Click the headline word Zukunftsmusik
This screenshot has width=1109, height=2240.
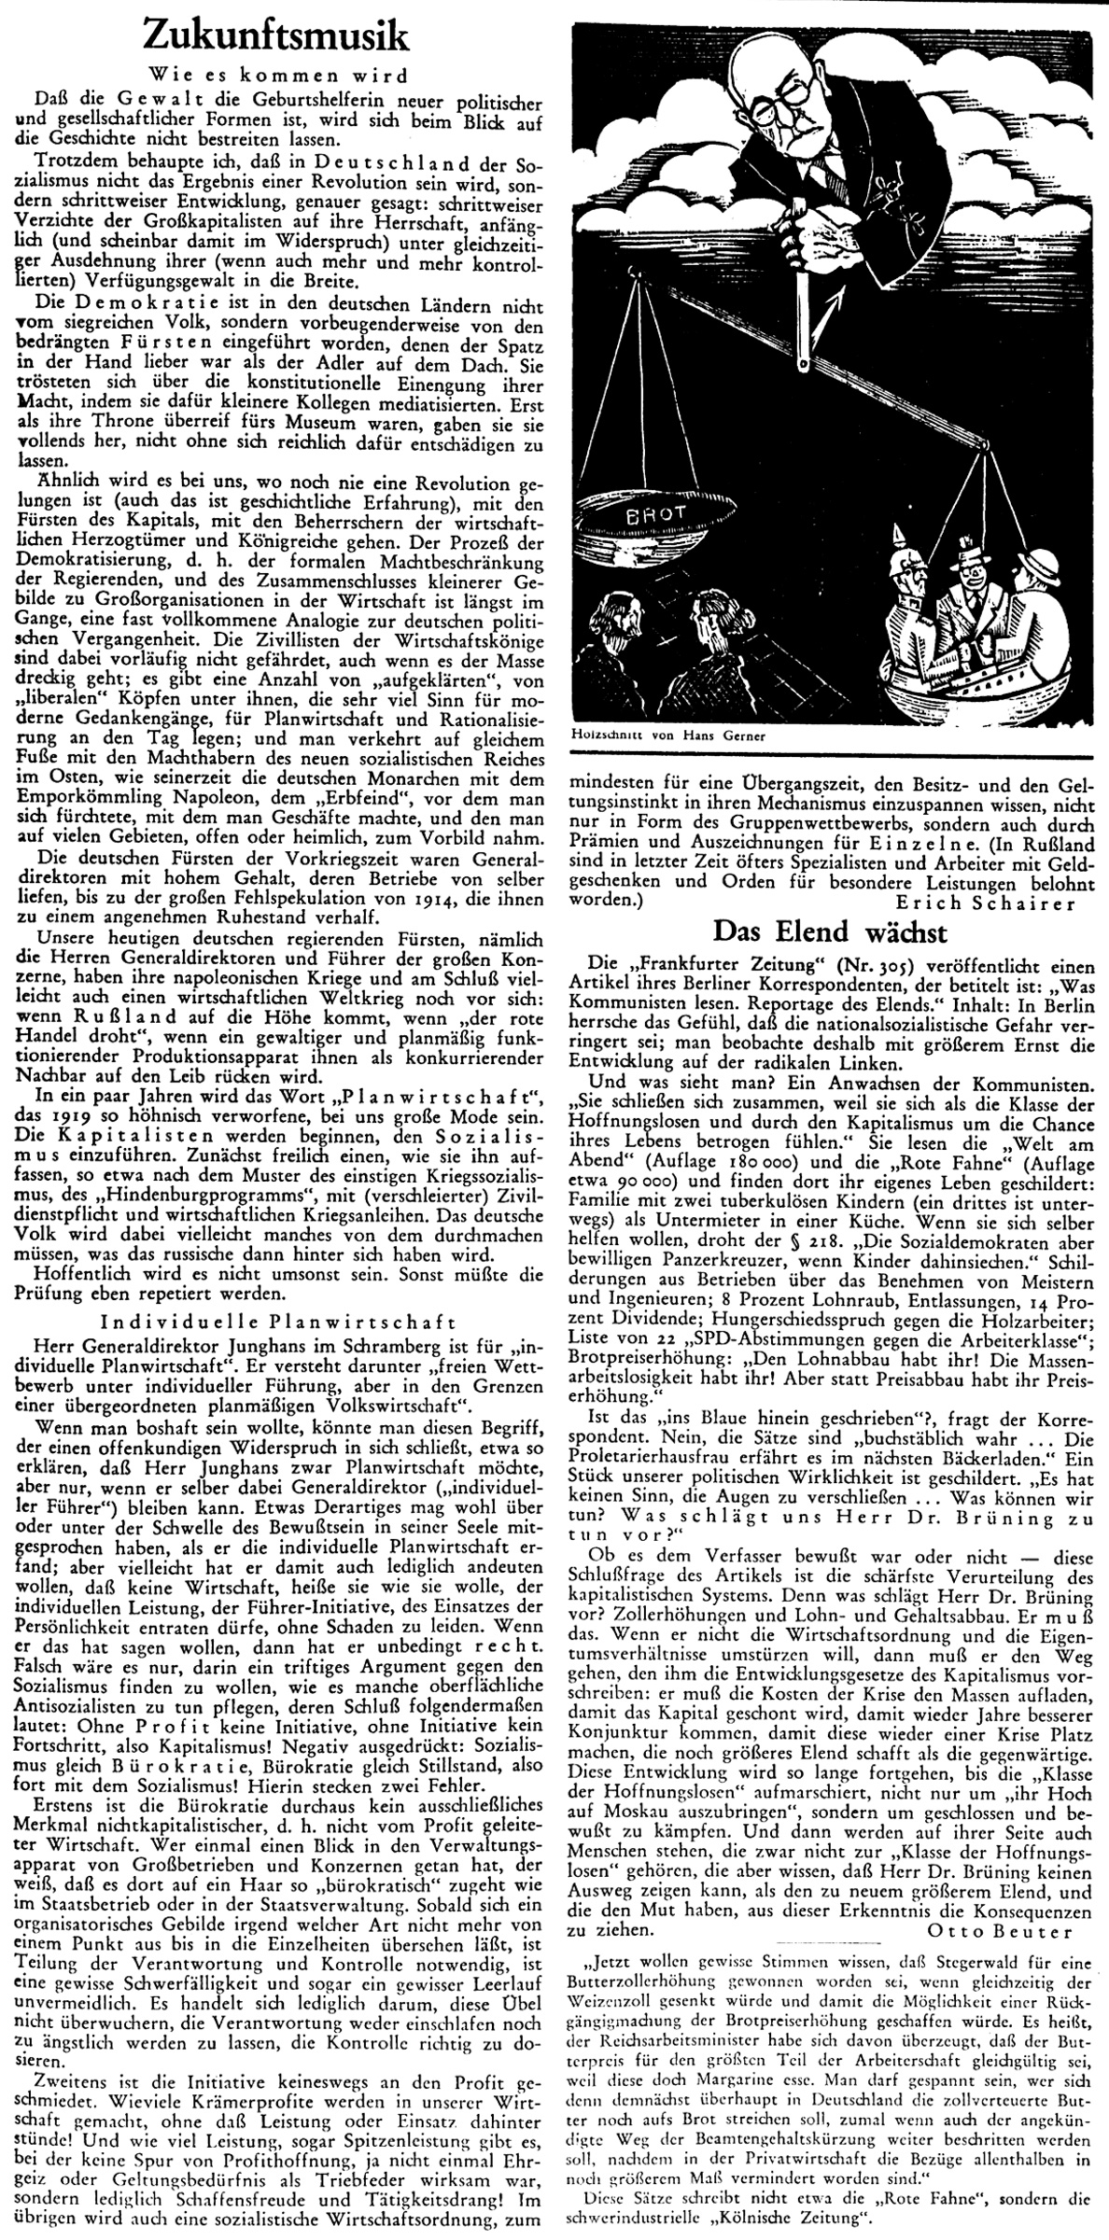pos(277,39)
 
